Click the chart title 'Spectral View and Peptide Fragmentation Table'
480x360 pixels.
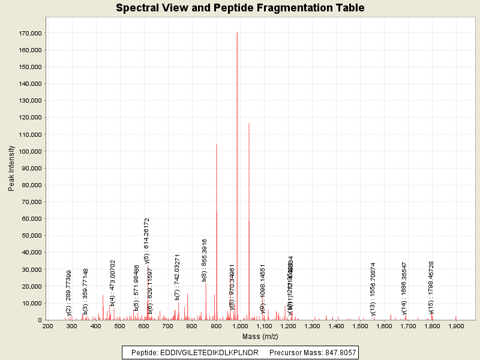[240, 8]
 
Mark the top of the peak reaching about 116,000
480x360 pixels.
[249, 124]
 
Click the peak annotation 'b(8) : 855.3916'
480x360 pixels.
[205, 260]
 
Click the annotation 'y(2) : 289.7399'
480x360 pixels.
[69, 293]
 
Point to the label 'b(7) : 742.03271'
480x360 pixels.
[177, 277]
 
